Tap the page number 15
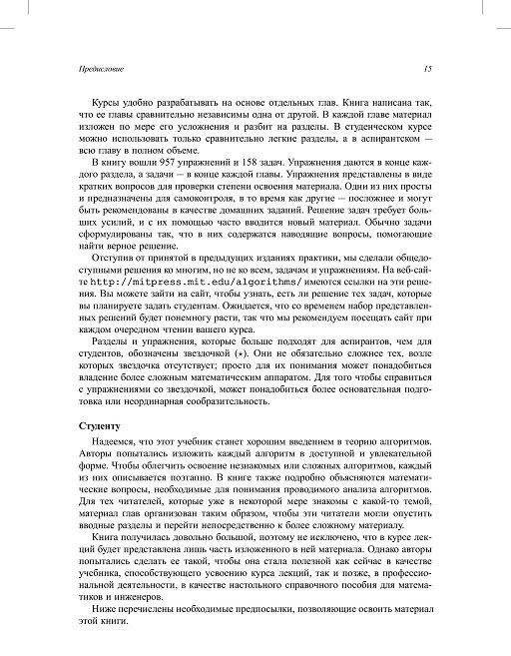(426, 69)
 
